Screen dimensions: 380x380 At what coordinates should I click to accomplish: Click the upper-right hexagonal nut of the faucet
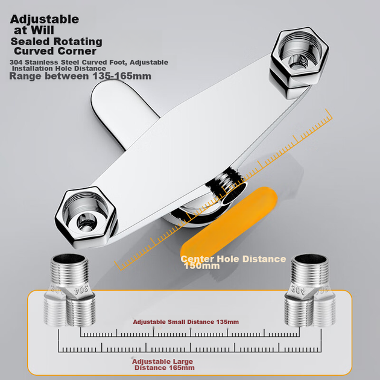[x=300, y=58]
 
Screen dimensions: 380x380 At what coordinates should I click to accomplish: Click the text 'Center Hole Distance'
[x=233, y=259]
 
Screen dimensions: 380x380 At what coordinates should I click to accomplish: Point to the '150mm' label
[x=201, y=266]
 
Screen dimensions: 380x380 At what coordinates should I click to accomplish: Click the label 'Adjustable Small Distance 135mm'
[x=186, y=322]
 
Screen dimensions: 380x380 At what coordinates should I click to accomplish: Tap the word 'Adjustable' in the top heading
[x=45, y=19]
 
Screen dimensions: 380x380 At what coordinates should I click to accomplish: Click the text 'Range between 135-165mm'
[x=80, y=76]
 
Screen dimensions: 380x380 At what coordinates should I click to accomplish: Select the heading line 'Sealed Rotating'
[x=56, y=42]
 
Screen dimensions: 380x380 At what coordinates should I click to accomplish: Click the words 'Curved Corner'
[x=55, y=51]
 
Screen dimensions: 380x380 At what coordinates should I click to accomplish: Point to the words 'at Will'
[x=34, y=30]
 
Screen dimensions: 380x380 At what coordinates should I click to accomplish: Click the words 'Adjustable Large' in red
[x=162, y=361]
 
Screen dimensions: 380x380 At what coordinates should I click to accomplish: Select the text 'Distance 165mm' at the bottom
[x=165, y=368]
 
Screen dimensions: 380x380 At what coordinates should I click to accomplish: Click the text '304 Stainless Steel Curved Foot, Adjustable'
[x=89, y=62]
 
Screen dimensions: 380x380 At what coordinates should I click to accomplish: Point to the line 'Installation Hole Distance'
[x=59, y=69]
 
